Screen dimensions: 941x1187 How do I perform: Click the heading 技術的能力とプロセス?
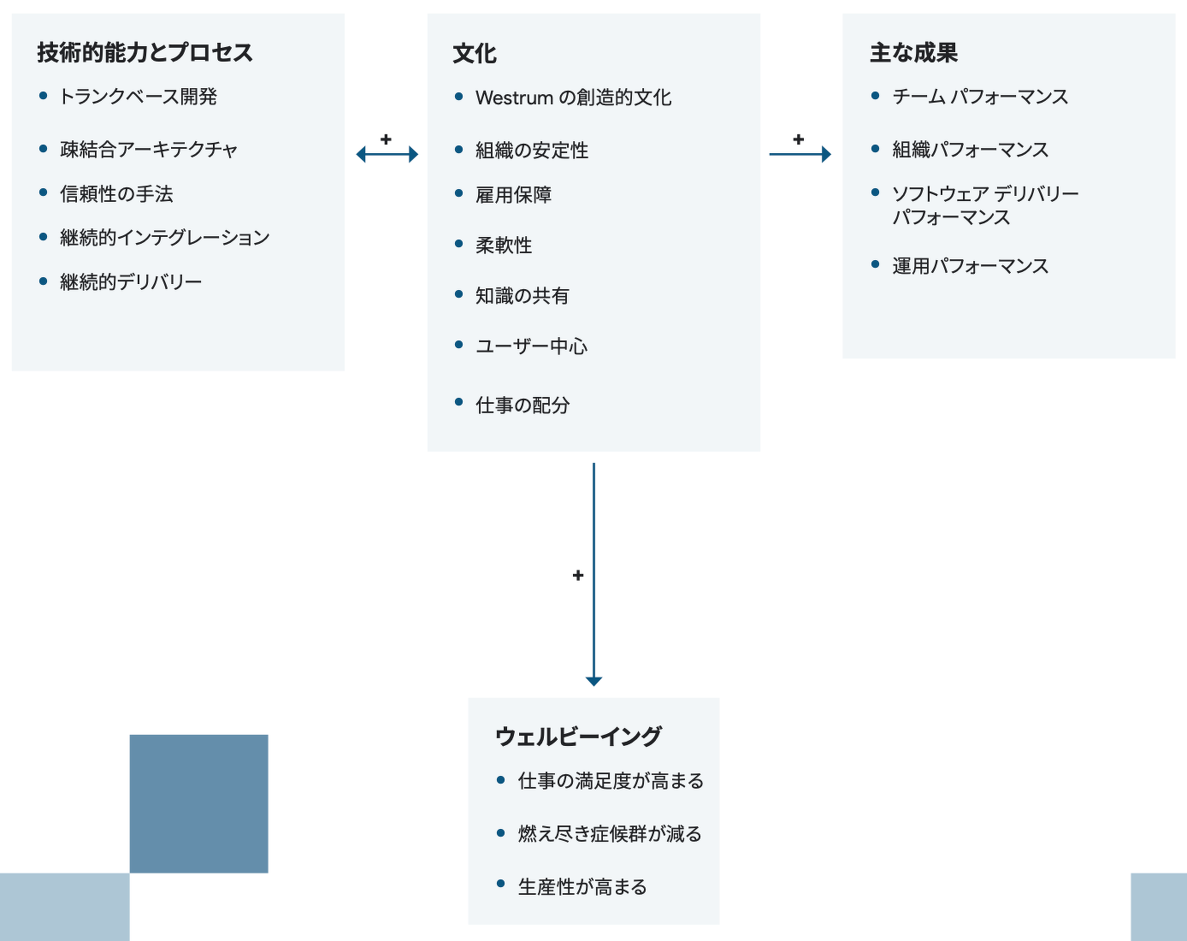pos(145,53)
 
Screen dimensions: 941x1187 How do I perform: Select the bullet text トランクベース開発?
pos(138,97)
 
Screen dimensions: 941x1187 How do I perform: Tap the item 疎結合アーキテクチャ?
pos(149,150)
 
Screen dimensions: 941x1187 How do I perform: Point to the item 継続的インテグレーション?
pos(164,238)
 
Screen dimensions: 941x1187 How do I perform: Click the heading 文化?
pos(475,54)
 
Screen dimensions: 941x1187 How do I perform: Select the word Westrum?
pos(514,98)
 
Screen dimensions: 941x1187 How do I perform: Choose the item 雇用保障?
pos(513,195)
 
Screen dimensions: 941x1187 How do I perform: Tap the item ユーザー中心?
pos(531,346)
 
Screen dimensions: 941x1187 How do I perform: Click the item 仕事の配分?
pos(523,405)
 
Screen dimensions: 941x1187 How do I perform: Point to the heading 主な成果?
pos(913,53)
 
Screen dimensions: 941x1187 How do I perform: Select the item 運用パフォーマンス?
pos(970,266)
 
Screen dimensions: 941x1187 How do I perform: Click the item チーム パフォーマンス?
pos(980,97)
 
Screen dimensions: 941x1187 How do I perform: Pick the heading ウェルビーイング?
pos(578,737)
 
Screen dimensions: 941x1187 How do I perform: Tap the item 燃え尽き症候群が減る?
pos(610,834)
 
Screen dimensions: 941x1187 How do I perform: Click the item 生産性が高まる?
pos(582,887)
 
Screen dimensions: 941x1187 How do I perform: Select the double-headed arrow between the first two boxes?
pos(387,154)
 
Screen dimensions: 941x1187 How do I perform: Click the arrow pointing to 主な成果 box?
pos(800,154)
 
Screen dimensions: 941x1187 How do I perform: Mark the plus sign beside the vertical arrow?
pos(578,576)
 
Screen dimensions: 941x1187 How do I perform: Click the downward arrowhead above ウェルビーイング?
pos(593,681)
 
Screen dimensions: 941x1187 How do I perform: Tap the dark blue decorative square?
pos(198,803)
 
